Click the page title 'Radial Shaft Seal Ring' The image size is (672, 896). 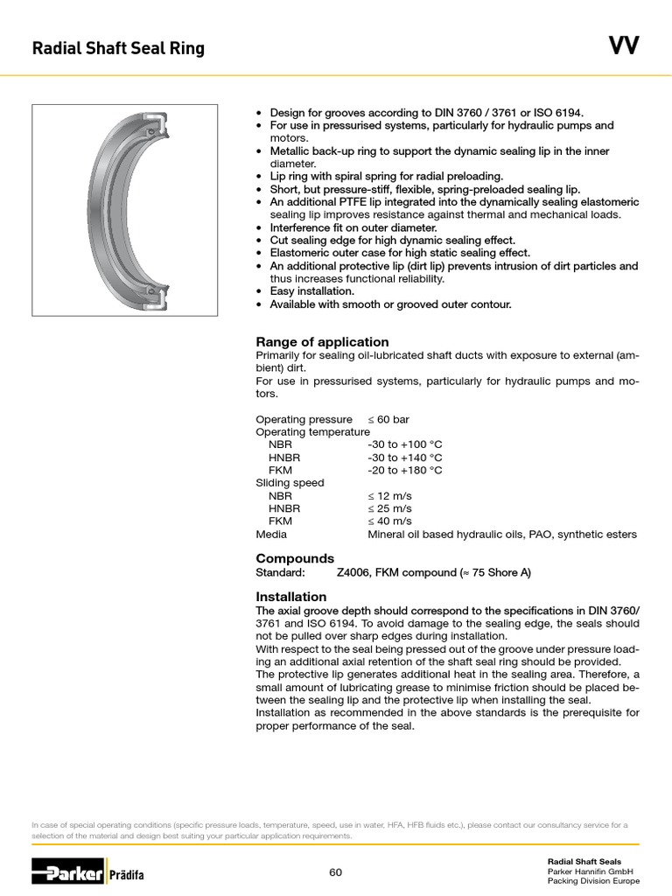pos(118,48)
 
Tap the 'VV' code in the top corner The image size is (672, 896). pos(624,46)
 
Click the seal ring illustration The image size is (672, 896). pos(125,210)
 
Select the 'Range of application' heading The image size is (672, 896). pos(322,342)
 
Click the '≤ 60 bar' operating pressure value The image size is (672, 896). pos(388,419)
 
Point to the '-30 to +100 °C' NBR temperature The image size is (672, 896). pos(405,444)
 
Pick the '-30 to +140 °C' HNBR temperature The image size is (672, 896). pos(405,458)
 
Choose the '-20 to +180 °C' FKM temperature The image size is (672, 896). pos(405,470)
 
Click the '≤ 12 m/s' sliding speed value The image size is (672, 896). pos(389,495)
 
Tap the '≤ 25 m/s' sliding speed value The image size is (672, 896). pos(389,508)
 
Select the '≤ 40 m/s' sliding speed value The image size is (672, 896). pos(389,521)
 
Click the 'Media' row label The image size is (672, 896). pos(271,534)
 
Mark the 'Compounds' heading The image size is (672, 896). pos(295,558)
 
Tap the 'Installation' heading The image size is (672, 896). pos(291,597)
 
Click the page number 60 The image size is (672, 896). pos(336,872)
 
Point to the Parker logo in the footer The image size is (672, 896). pos(67,871)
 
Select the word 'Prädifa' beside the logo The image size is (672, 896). pos(127,874)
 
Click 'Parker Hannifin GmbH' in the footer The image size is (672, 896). pos(590,871)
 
